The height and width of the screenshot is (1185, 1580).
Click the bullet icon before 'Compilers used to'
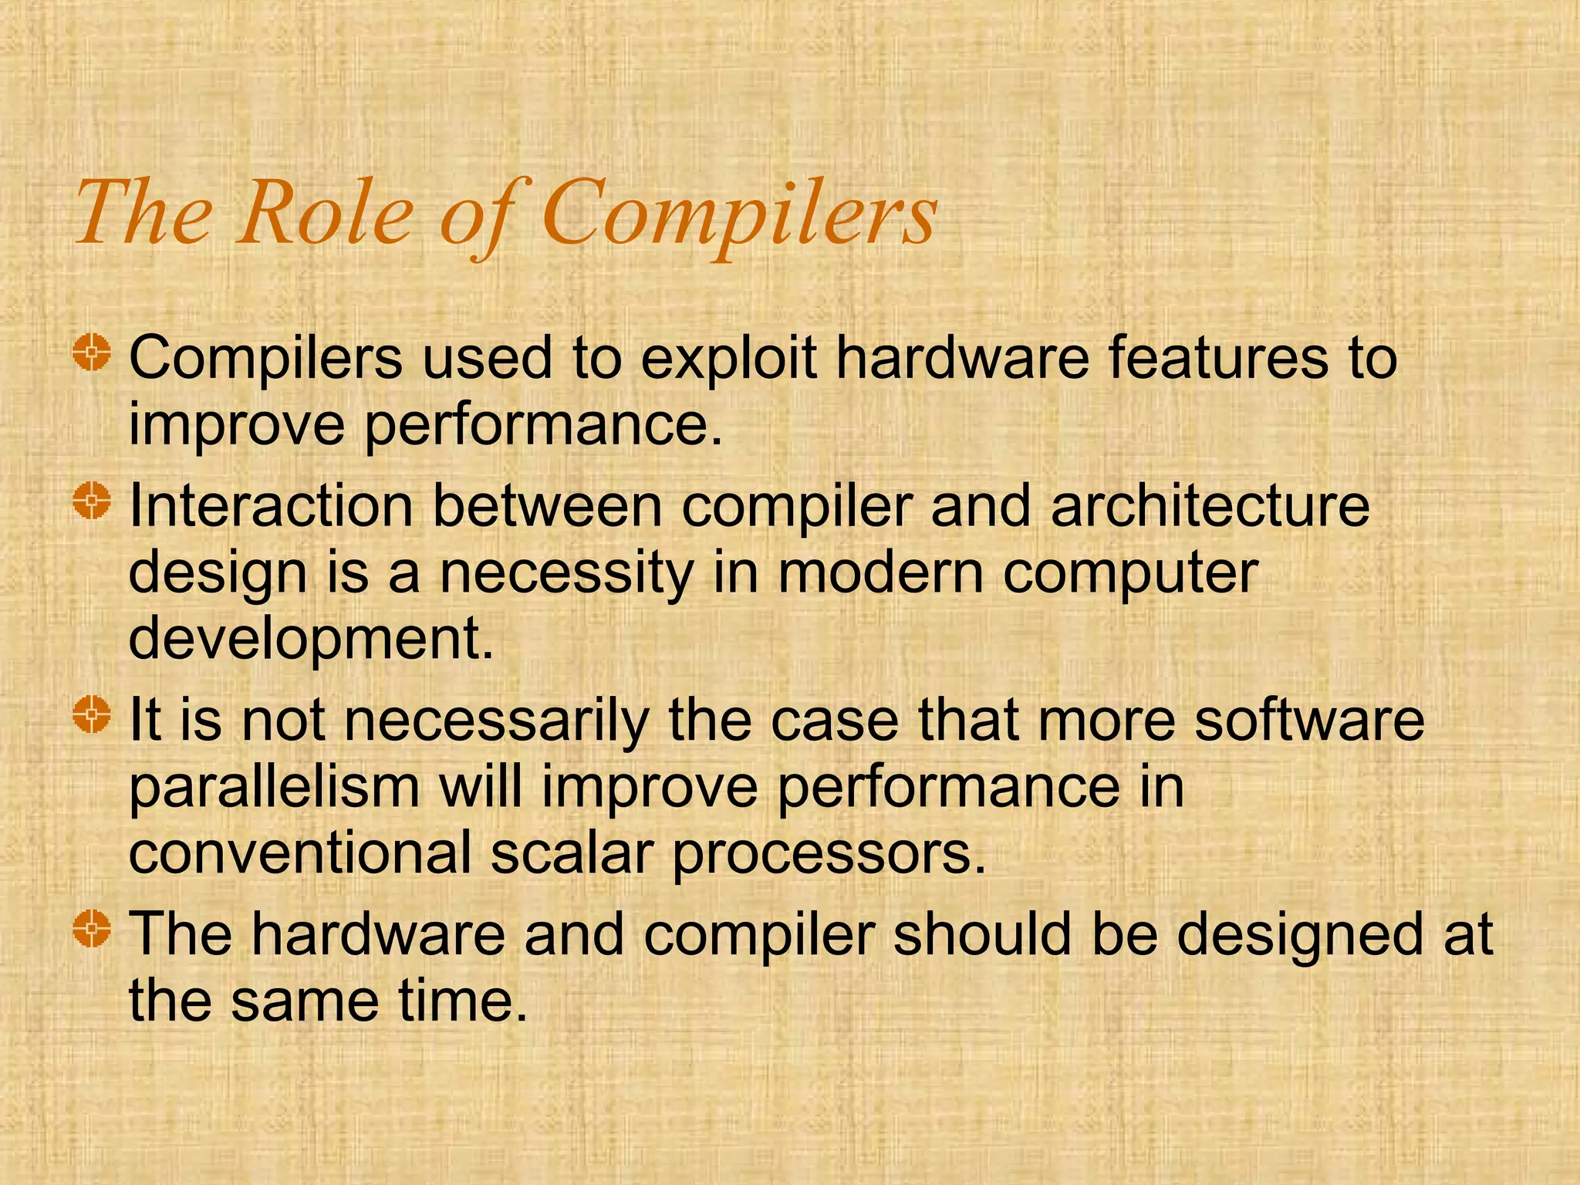click(93, 353)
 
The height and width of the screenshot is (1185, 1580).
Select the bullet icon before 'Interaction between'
click(93, 501)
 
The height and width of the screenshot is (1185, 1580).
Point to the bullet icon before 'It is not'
click(93, 714)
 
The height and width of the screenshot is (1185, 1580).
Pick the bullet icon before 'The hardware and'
click(93, 928)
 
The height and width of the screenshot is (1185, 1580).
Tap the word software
click(1308, 720)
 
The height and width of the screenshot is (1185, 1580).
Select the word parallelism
click(275, 788)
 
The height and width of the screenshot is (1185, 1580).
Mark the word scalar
click(572, 854)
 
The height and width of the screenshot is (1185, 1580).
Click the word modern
click(880, 574)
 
